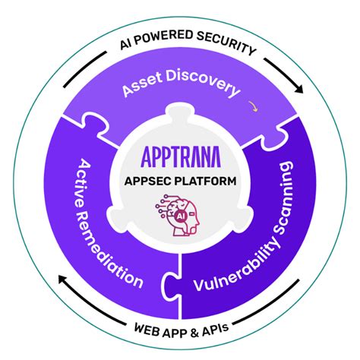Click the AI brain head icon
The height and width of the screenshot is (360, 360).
click(179, 216)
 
